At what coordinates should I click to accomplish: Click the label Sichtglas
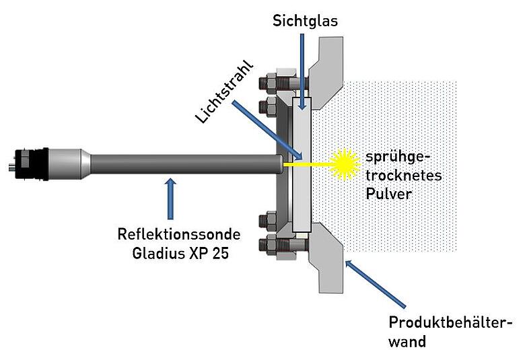click(x=305, y=21)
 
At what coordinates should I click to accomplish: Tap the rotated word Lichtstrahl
click(x=224, y=92)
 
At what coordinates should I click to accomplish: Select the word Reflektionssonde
click(x=179, y=234)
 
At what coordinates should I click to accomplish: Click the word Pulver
click(x=388, y=194)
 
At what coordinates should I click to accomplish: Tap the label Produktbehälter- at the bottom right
click(x=450, y=323)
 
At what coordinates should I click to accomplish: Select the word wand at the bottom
click(x=407, y=342)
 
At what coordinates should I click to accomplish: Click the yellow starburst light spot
click(x=345, y=164)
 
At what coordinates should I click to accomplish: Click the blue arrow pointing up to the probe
click(x=171, y=199)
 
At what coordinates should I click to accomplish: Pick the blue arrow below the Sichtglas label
click(x=302, y=71)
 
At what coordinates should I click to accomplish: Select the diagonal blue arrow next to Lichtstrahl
click(x=267, y=131)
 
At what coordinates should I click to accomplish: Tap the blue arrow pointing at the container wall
click(x=376, y=284)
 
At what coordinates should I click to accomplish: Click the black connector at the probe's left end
click(x=28, y=164)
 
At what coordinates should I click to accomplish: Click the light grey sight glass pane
click(x=302, y=164)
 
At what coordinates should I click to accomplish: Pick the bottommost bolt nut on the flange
click(x=268, y=246)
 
